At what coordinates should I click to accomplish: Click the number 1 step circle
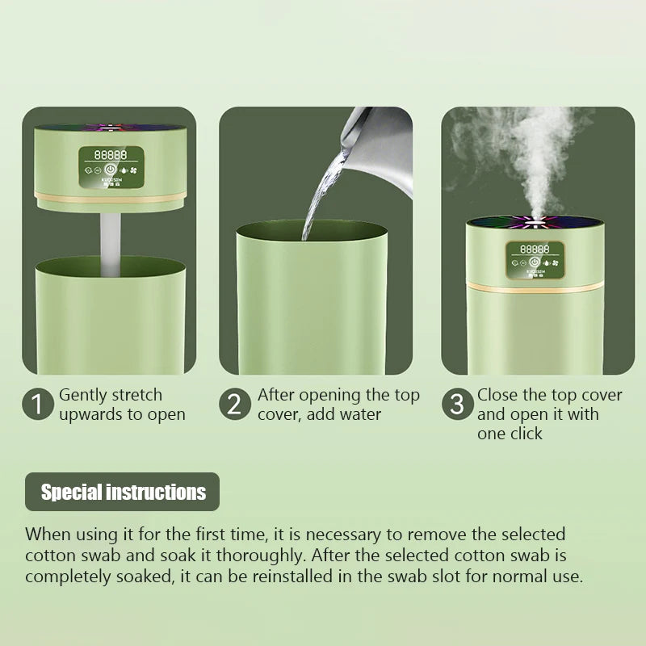pos(38,404)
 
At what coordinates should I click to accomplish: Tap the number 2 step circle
pos(235,404)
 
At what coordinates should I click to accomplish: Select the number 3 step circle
pos(457,404)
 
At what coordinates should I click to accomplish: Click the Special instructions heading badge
pos(123,492)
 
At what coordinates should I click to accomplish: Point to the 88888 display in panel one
pos(111,155)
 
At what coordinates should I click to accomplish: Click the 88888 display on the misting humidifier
pos(535,250)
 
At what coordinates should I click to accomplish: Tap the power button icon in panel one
pos(110,170)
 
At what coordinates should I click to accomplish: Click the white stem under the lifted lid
pos(111,245)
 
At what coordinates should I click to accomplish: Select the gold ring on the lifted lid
pos(110,198)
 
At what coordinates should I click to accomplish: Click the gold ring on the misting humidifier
pos(535,287)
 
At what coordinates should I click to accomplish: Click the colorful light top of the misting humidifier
pos(535,223)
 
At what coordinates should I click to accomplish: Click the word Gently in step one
pos(83,396)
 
